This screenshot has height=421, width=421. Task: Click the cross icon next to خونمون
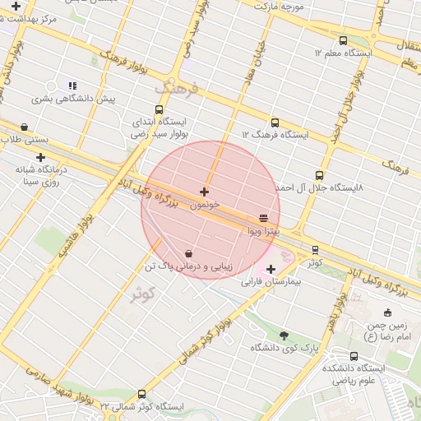point(204,192)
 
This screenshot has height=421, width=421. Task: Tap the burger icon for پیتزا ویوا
point(263,218)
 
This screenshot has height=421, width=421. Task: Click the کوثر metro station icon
point(315,249)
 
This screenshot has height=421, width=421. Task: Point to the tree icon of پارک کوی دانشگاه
point(285,335)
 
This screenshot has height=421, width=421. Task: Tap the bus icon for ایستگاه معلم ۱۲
point(343,40)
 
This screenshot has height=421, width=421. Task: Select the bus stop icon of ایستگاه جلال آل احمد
point(320,174)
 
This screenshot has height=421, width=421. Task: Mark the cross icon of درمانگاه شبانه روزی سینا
point(39,156)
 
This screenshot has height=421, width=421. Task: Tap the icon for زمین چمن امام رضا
point(388,312)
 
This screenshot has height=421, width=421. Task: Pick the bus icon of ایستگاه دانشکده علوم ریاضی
point(354,356)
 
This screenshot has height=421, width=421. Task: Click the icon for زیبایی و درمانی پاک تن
point(190,253)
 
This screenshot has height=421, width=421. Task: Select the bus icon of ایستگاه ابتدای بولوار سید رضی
point(159,109)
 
